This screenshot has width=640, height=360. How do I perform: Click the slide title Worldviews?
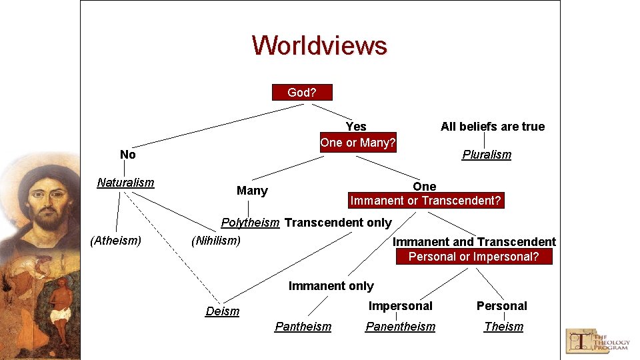[x=319, y=45]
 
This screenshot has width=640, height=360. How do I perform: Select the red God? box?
[x=302, y=93]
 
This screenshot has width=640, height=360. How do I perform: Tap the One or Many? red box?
[x=358, y=143]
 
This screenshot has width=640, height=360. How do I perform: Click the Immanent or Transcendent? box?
[x=426, y=201]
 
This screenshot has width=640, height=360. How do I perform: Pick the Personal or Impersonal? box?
[x=474, y=257]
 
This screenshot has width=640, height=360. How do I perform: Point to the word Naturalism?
[x=125, y=183]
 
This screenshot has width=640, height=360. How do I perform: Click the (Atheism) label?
[x=115, y=241]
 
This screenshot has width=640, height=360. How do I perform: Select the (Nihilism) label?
[x=215, y=241]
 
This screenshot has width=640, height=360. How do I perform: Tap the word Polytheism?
[x=250, y=223]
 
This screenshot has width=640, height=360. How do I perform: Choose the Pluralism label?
[x=487, y=155]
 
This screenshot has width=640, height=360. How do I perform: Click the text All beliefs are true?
[x=493, y=127]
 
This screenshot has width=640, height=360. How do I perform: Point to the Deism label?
[x=222, y=311]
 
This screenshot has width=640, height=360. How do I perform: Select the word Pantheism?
[x=303, y=327]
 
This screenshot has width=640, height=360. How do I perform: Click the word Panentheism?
[x=400, y=327]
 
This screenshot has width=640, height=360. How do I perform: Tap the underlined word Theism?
[x=503, y=327]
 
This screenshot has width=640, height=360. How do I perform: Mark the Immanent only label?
[x=331, y=286]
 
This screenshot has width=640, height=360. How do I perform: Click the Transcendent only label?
[x=338, y=223]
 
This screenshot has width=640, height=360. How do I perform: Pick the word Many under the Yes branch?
[x=252, y=191]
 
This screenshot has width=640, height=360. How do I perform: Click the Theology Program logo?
[x=598, y=340]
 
